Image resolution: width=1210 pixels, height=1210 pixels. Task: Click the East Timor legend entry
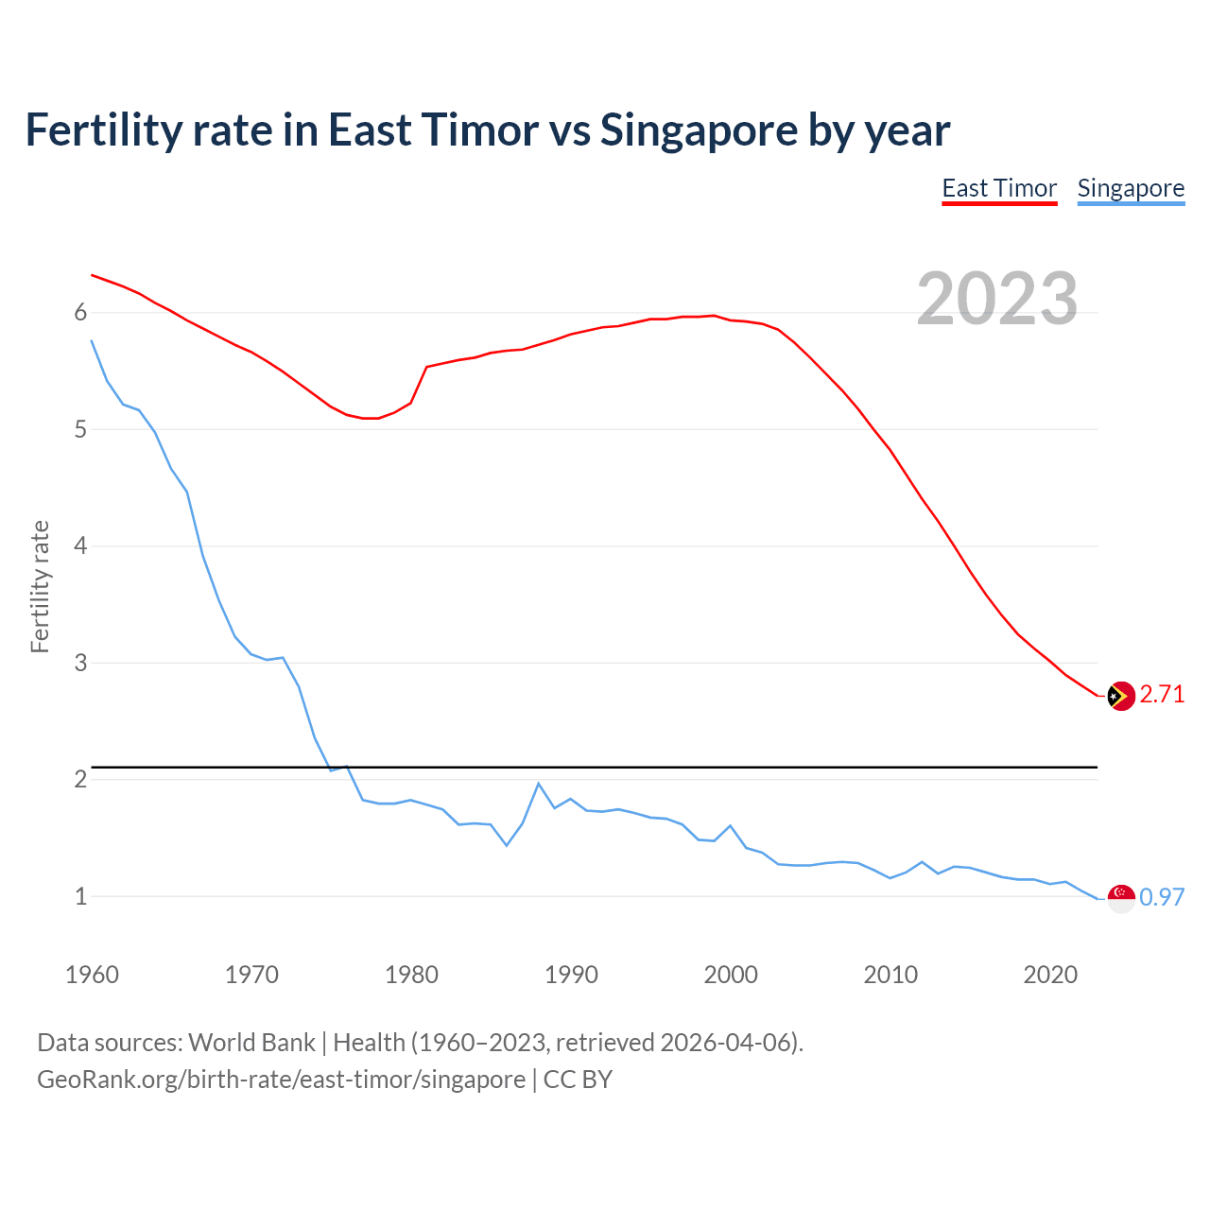coord(999,188)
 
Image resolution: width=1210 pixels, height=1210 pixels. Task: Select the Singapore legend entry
coord(1131,188)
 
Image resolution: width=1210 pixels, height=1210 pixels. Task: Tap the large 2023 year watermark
coord(997,299)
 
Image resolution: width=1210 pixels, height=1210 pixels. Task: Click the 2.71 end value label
coord(1162,695)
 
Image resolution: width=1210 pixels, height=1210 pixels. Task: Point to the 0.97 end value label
coord(1162,897)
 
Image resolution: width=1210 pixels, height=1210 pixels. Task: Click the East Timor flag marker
coord(1120,696)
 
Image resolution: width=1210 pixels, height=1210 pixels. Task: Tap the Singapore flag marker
coord(1120,898)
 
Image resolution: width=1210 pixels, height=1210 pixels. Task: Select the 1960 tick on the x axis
coord(92,975)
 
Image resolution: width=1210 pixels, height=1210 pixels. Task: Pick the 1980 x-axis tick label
coord(411,975)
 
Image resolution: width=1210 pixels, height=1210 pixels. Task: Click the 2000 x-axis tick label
coord(731,975)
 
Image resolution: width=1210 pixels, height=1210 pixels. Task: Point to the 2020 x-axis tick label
coord(1050,975)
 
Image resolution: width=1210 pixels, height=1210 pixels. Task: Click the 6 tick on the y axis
coord(80,313)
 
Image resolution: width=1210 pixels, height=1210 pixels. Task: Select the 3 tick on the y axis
coord(80,663)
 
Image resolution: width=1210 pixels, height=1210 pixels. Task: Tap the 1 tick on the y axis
coord(80,896)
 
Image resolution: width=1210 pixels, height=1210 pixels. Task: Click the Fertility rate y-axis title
coord(40,586)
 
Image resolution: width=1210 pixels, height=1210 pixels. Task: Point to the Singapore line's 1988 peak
coord(539,784)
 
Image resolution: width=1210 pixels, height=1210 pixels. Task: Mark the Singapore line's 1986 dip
coord(507,845)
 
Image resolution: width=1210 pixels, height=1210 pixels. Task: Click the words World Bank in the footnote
coord(251,1043)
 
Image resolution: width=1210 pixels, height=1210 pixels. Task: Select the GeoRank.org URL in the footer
coord(281,1080)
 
